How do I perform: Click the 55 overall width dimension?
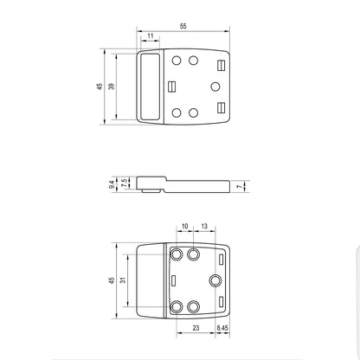point(183,26)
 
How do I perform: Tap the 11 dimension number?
point(151,36)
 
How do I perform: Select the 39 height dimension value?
point(112,87)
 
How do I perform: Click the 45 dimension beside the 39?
point(100,87)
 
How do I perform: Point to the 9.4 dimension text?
point(112,185)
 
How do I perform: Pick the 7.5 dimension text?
point(125,183)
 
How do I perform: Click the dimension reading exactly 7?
point(240,187)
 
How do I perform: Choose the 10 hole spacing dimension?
point(184,226)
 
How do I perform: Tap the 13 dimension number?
point(204,226)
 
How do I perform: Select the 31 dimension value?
point(123,280)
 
